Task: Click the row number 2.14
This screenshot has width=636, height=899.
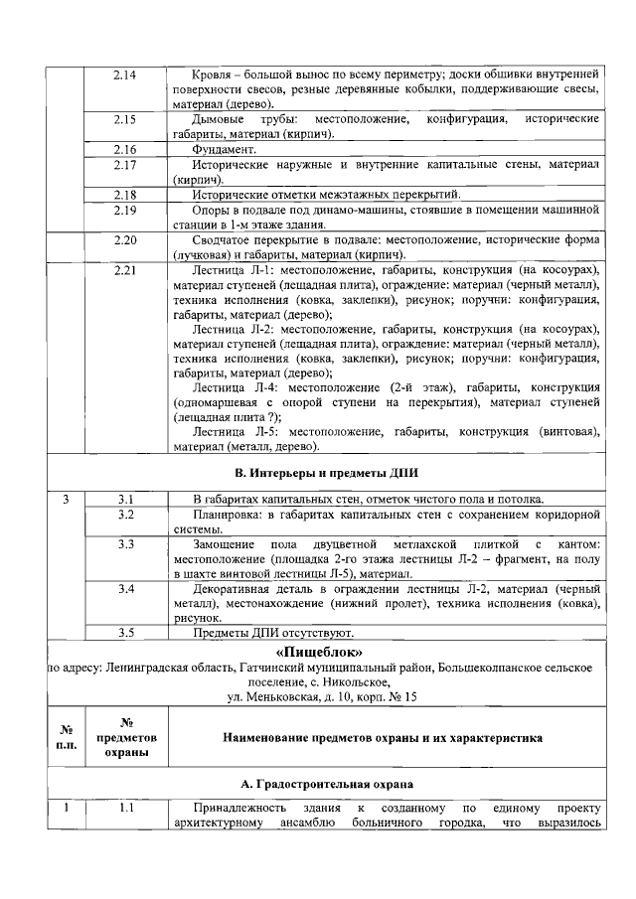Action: point(125,75)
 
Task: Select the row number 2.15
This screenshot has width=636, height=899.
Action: point(125,119)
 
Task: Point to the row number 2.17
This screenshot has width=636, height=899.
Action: point(125,164)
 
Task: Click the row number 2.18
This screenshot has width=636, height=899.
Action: point(125,195)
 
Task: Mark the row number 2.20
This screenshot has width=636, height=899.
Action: point(125,240)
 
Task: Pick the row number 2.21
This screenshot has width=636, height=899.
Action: point(125,271)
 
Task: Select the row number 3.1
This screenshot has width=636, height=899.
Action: point(125,499)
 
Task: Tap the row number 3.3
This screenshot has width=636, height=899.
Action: point(125,544)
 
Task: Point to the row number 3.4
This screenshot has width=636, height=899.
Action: point(125,590)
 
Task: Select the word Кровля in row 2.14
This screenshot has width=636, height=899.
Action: point(215,75)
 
